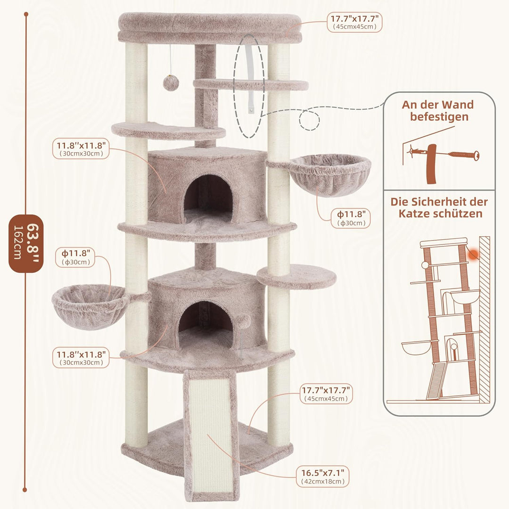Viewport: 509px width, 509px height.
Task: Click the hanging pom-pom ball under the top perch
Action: tap(171, 83)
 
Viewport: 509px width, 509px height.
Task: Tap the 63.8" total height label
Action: tap(26, 244)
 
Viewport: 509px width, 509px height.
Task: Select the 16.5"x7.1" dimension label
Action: tap(323, 476)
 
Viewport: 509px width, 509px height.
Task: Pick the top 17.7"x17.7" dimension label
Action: tap(354, 22)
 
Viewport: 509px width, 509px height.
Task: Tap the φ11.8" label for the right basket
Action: tap(351, 218)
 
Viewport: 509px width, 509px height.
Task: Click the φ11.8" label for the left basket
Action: tap(75, 257)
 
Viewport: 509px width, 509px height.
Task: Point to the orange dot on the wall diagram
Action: tap(474, 254)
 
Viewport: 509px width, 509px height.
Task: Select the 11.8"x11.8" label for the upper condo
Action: tap(81, 148)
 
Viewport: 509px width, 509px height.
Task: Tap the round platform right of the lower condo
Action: tap(296, 277)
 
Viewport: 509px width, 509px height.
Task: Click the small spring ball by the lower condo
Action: tap(243, 321)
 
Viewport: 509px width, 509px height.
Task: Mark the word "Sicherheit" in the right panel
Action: tap(436, 202)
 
